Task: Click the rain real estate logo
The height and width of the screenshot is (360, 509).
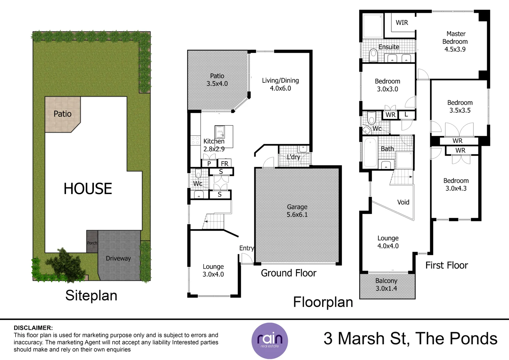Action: (269, 341)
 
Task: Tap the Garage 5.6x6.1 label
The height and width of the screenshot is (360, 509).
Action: (297, 211)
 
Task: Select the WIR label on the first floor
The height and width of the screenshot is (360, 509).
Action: (402, 23)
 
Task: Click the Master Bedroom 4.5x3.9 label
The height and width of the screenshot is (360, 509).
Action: (455, 42)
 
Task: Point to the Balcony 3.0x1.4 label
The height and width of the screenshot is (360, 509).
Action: (386, 285)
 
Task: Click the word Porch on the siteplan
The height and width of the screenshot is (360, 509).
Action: (92, 243)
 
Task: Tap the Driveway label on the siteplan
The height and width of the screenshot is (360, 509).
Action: (118, 258)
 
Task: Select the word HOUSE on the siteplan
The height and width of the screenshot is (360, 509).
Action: (88, 189)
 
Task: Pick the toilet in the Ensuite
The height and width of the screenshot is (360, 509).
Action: (373, 55)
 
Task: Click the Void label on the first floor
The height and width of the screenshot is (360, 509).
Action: (403, 202)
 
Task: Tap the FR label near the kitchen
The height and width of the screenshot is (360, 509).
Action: (225, 164)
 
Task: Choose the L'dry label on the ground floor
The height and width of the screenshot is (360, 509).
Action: (293, 157)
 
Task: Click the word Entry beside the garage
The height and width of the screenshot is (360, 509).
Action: (247, 248)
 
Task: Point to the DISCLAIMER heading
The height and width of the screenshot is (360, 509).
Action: (33, 328)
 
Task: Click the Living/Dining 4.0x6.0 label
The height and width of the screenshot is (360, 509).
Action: (280, 84)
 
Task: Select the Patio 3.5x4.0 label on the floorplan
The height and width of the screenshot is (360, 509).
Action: (217, 80)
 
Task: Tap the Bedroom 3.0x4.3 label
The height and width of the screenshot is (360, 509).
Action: (456, 184)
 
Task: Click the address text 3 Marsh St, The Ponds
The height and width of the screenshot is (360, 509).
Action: (410, 339)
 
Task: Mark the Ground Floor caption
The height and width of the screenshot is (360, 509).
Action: (288, 273)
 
